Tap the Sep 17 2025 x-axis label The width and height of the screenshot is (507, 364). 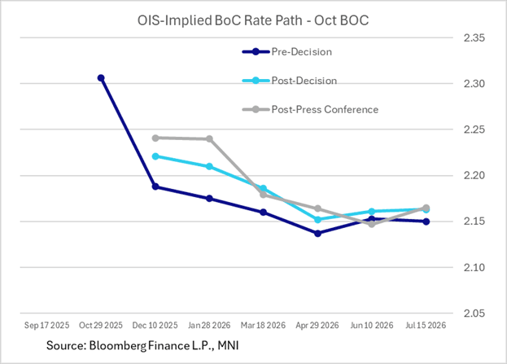pos(46,324)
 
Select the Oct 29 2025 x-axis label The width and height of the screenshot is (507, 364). pos(101,324)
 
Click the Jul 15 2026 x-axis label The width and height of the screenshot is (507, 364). pos(426,324)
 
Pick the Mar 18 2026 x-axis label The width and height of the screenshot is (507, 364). pos(263,324)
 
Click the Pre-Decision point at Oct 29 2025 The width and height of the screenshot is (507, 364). pos(101,78)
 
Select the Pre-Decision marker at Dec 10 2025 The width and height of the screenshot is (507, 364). pos(155,186)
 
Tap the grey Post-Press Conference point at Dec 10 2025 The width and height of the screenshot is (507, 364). pos(155,138)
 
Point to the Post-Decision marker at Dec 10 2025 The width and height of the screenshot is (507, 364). pos(155,156)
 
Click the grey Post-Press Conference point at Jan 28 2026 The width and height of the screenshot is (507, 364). pos(209,139)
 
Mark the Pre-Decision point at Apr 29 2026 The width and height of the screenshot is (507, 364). pos(317,233)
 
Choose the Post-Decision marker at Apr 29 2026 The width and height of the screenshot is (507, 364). pos(317,220)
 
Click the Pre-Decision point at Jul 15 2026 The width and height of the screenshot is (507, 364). pos(426,221)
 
